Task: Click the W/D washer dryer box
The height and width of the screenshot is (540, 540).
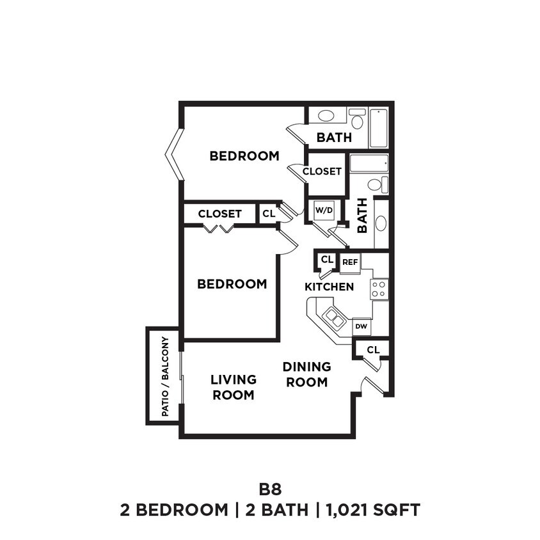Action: point(321,210)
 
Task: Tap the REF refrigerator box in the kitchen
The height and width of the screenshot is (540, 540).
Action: point(349,262)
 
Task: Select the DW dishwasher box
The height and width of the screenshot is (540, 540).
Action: point(361,327)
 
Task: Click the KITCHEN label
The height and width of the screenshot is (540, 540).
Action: point(329,287)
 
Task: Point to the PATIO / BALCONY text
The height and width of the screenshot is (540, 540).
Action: point(165,376)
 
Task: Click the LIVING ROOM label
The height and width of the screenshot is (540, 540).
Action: point(233,387)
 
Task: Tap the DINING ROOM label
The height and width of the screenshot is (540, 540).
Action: point(307,374)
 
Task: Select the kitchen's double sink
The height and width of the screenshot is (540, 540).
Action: point(334,317)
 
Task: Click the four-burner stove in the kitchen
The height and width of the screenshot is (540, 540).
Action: point(379,289)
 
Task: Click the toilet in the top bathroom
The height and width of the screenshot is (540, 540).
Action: point(357,118)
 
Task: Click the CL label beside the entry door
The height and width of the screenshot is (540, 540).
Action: point(373,349)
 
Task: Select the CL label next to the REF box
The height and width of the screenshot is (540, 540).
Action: point(327,259)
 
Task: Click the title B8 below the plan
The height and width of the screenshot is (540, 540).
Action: point(269,489)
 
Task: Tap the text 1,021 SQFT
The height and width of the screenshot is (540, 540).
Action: point(373,510)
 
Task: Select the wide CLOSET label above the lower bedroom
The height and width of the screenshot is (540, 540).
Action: point(219,214)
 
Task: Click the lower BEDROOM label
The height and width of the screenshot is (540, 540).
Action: point(232,283)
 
